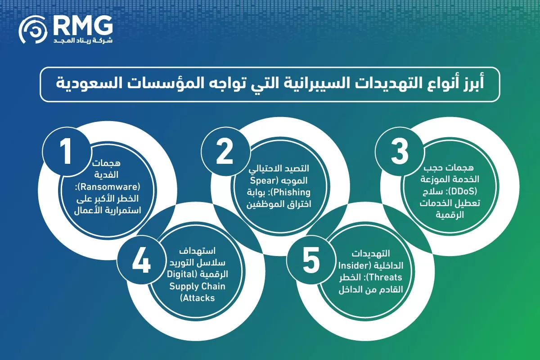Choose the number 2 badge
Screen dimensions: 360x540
coord(224,152)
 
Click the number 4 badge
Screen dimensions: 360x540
coord(140,262)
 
